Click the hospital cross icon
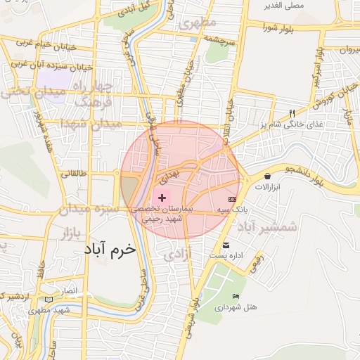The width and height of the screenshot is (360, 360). [163, 198]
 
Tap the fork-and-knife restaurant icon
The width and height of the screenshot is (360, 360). [292, 112]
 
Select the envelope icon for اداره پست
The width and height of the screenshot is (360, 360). [226, 245]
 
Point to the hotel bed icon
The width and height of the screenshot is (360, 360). [235, 296]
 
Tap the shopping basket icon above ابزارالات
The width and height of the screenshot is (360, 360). [267, 175]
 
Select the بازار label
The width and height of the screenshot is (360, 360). [71, 232]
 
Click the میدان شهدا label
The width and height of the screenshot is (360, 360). [91, 124]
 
